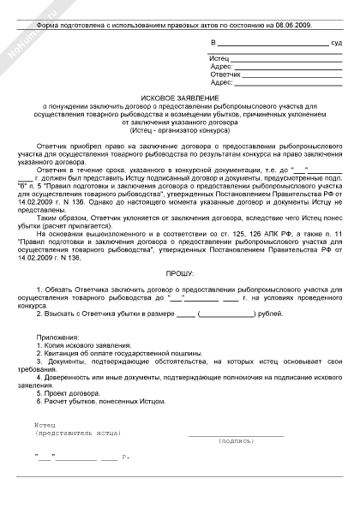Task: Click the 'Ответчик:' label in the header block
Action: tap(225, 75)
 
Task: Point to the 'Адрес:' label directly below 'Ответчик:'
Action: tap(221, 83)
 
